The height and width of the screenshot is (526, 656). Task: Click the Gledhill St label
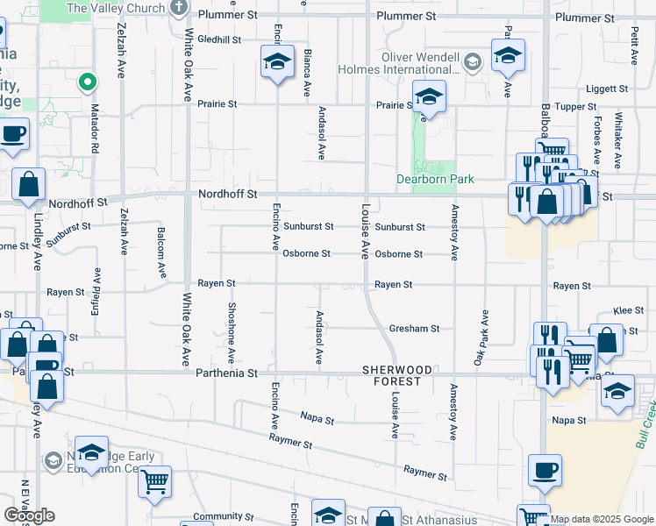219,39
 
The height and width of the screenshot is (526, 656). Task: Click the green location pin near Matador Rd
88,82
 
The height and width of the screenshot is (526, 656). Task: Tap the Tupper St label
576,106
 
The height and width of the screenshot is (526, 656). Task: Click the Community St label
217,516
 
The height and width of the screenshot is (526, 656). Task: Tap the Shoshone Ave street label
232,333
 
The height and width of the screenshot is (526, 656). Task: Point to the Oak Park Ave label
481,338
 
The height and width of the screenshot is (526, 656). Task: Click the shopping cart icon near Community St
154,480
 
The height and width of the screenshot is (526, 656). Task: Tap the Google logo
29,515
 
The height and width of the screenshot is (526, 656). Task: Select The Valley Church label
116,8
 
